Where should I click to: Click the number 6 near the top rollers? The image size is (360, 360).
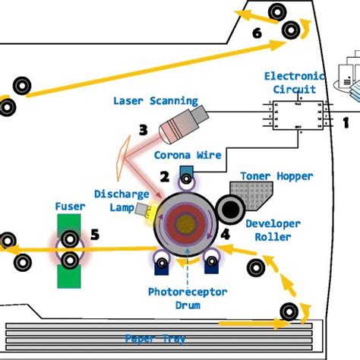pyautogui.click(x=257, y=33)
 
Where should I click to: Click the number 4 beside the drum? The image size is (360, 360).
pyautogui.click(x=226, y=234)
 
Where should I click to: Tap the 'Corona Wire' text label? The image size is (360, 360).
pyautogui.click(x=188, y=156)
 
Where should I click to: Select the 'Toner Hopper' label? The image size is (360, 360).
pyautogui.click(x=276, y=176)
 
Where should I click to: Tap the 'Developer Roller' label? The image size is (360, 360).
pyautogui.click(x=273, y=229)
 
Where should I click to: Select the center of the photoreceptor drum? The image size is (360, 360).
pyautogui.click(x=185, y=223)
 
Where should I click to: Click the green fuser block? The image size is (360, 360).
pyautogui.click(x=70, y=251)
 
